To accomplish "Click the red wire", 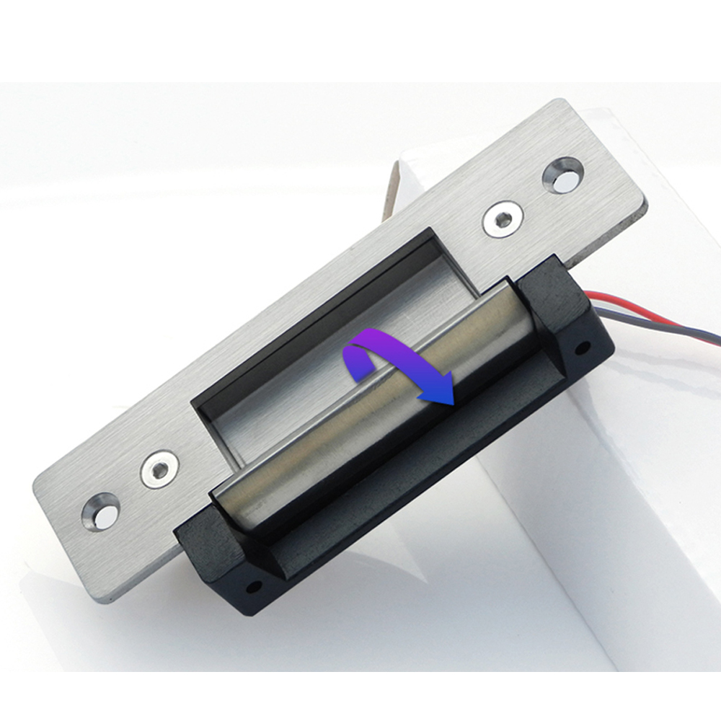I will [649, 309].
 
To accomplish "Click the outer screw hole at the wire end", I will [564, 175].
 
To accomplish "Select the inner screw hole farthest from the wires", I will [159, 469].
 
